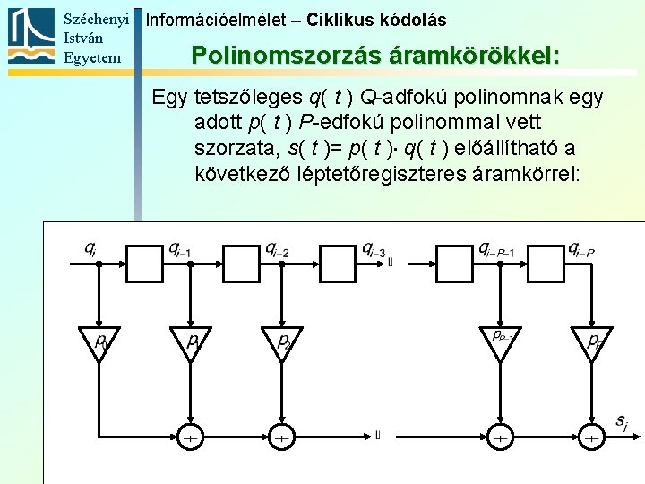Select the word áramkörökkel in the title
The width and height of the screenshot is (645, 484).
click(476, 56)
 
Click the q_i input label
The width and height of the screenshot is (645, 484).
click(90, 248)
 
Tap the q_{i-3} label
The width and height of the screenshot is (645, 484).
click(374, 248)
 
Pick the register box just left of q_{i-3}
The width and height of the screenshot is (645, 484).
click(329, 263)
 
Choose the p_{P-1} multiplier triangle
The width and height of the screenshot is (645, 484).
click(500, 341)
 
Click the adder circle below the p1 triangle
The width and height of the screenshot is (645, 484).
click(189, 437)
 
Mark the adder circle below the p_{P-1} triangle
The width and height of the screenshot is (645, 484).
click(500, 437)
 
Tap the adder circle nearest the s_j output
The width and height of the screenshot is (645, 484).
click(591, 437)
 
